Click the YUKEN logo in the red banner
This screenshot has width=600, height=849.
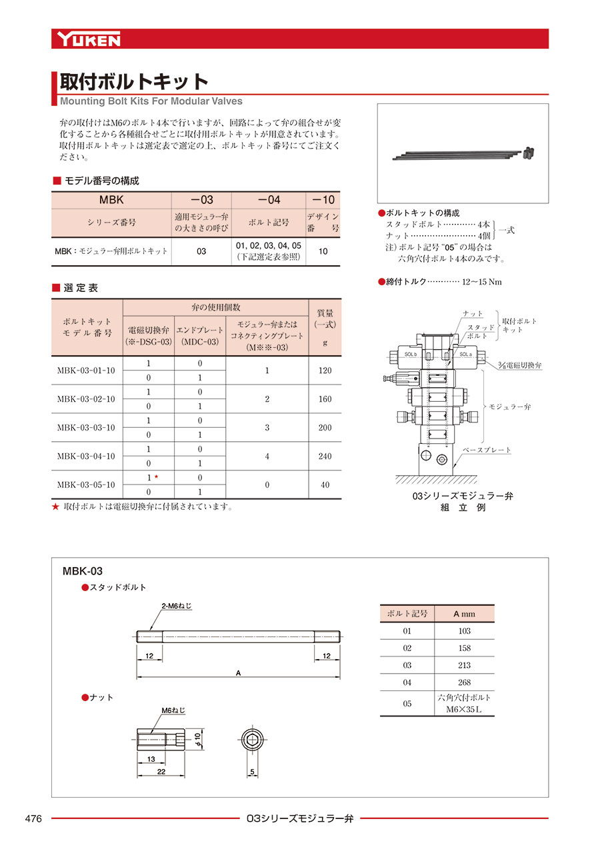(x=89, y=39)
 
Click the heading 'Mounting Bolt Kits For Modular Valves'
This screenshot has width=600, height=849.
(x=151, y=101)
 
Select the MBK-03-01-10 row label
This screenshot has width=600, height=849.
(x=86, y=371)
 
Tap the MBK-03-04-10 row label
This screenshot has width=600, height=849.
(x=86, y=456)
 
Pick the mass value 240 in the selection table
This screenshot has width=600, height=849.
(x=325, y=456)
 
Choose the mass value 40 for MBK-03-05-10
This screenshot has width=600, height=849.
(x=325, y=485)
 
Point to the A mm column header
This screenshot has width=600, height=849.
(x=464, y=613)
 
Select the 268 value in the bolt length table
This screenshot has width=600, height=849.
(x=464, y=682)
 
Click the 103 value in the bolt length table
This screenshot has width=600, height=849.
(x=464, y=630)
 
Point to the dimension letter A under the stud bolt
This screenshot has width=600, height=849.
(x=238, y=673)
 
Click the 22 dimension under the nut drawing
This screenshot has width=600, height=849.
(x=161, y=771)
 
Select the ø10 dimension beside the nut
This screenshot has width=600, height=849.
(x=197, y=738)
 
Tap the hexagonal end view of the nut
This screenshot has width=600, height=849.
(x=252, y=739)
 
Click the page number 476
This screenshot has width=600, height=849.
(x=33, y=818)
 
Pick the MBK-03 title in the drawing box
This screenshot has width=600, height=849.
(x=82, y=571)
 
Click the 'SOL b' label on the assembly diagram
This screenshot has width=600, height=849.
(x=409, y=355)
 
